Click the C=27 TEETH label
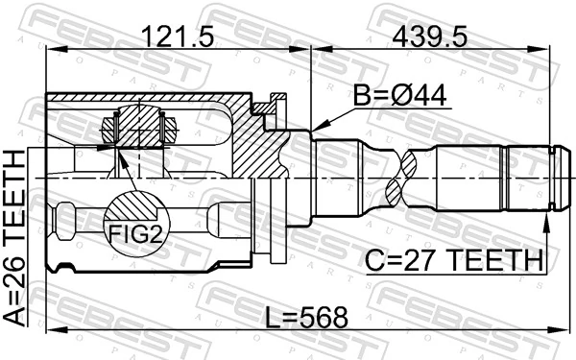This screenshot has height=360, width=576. tap(454, 258)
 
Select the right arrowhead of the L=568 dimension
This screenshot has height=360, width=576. tap(555, 330)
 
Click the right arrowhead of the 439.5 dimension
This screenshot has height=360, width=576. tap(555, 55)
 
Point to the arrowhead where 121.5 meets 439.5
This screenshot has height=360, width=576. tap(309, 55)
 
